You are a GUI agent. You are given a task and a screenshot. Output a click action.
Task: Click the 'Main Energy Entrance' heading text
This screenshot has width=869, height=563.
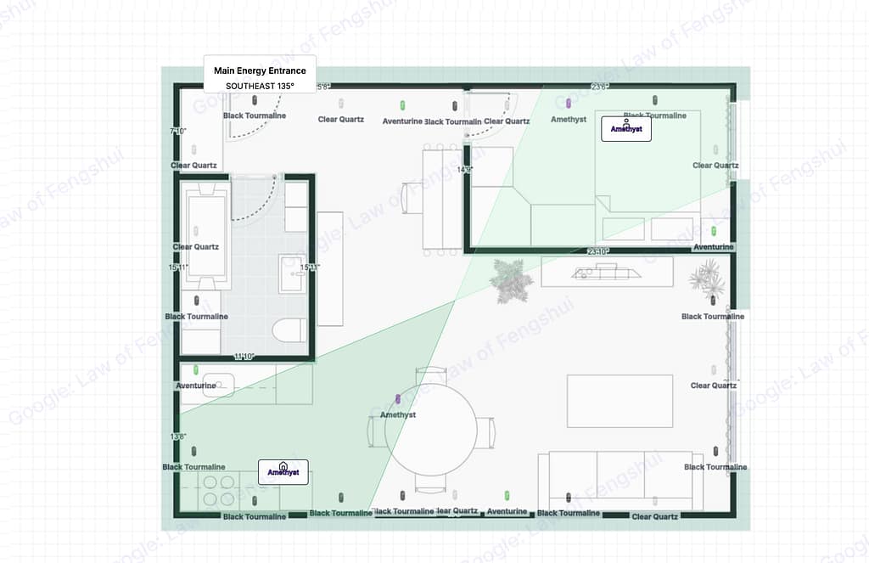click(x=260, y=70)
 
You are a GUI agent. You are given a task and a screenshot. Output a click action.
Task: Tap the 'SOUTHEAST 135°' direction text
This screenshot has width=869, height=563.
click(x=260, y=86)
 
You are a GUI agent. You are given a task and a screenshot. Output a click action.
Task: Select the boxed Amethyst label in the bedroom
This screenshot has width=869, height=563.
click(x=626, y=130)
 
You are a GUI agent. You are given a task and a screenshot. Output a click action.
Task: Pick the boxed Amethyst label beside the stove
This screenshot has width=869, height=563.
click(x=283, y=471)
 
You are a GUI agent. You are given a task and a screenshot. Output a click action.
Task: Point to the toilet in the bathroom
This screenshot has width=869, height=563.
click(x=291, y=329)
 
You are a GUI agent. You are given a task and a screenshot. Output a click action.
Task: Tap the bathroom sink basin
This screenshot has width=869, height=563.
click(x=293, y=273)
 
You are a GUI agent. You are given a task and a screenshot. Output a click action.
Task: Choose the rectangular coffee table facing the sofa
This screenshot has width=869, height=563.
click(x=620, y=401)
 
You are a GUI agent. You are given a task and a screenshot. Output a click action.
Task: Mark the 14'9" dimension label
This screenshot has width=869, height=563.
click(x=464, y=170)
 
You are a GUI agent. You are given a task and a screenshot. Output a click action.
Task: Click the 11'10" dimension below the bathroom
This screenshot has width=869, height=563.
click(x=244, y=357)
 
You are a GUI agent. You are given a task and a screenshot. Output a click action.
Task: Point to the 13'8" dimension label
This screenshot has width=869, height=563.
click(x=178, y=436)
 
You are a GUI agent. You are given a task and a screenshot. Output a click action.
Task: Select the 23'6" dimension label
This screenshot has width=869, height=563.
click(x=600, y=87)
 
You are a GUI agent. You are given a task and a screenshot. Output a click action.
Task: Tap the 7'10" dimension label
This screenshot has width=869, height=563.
click(x=178, y=132)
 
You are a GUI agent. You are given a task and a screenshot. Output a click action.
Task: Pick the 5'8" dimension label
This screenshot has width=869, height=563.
click(x=323, y=87)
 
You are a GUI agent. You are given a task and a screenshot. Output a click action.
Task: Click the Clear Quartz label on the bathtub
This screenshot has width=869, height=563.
click(x=196, y=247)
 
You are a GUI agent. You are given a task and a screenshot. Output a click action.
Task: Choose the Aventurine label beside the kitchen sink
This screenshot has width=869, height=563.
click(x=196, y=386)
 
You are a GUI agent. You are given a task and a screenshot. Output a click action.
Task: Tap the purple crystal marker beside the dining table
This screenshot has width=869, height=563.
click(x=398, y=399)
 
